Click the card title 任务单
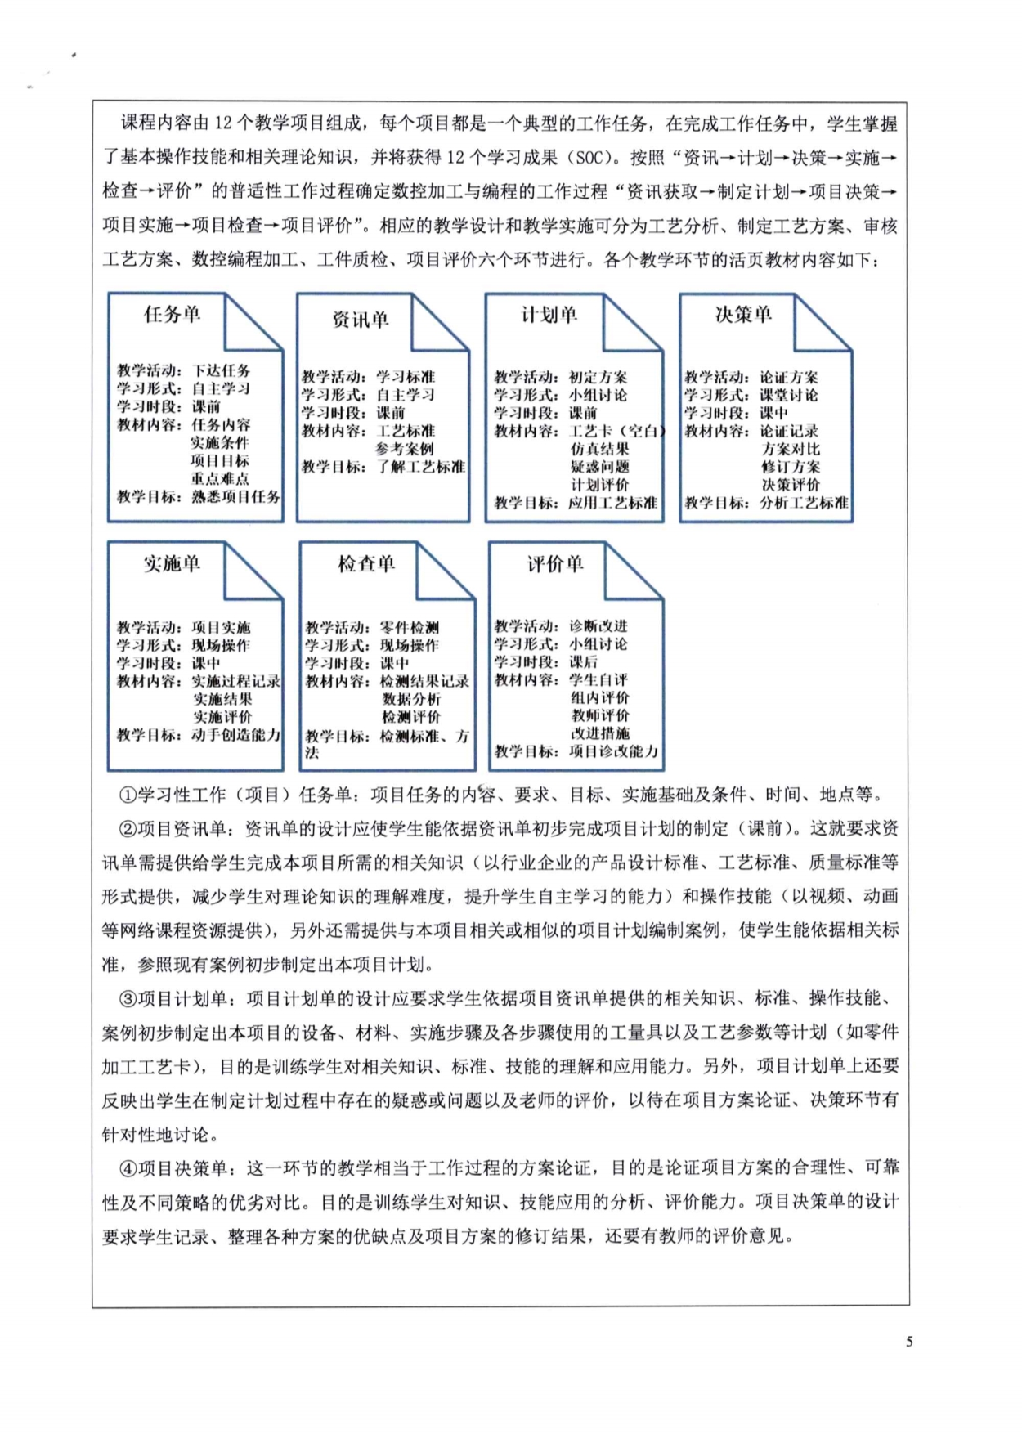pyautogui.click(x=172, y=315)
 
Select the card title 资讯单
pyautogui.click(x=360, y=320)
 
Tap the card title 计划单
pyautogui.click(x=549, y=315)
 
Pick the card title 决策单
pyautogui.click(x=743, y=315)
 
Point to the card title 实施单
pyautogui.click(x=172, y=563)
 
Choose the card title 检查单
pyautogui.click(x=366, y=563)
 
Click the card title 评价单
pyautogui.click(x=555, y=563)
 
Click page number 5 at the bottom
pyautogui.click(x=909, y=1342)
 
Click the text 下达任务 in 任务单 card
pyautogui.click(x=221, y=371)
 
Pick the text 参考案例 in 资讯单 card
pyautogui.click(x=405, y=449)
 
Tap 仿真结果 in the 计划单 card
pyautogui.click(x=600, y=449)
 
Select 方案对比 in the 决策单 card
pyautogui.click(x=791, y=449)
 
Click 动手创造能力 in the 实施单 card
pyautogui.click(x=235, y=735)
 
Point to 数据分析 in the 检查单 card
pyautogui.click(x=411, y=699)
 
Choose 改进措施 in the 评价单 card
pyautogui.click(x=600, y=733)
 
